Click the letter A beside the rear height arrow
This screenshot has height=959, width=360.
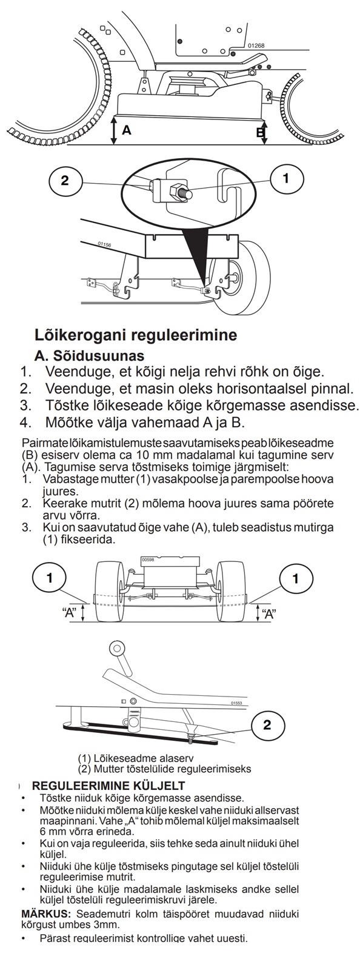tap(126, 129)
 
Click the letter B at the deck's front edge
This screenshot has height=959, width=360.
tap(260, 132)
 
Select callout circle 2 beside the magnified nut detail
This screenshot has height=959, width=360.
tap(64, 180)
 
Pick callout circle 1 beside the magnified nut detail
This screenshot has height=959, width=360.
tap(287, 178)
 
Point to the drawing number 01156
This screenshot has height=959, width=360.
tap(104, 244)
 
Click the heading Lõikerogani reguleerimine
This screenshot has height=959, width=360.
tap(135, 335)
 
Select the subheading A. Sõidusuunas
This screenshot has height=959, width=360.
tap(89, 355)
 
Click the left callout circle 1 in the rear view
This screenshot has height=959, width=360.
tap(50, 578)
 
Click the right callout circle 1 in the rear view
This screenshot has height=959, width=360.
tap(295, 578)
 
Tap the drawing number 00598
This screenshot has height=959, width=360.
tap(147, 559)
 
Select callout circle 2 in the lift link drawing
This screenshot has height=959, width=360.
tap(267, 725)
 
